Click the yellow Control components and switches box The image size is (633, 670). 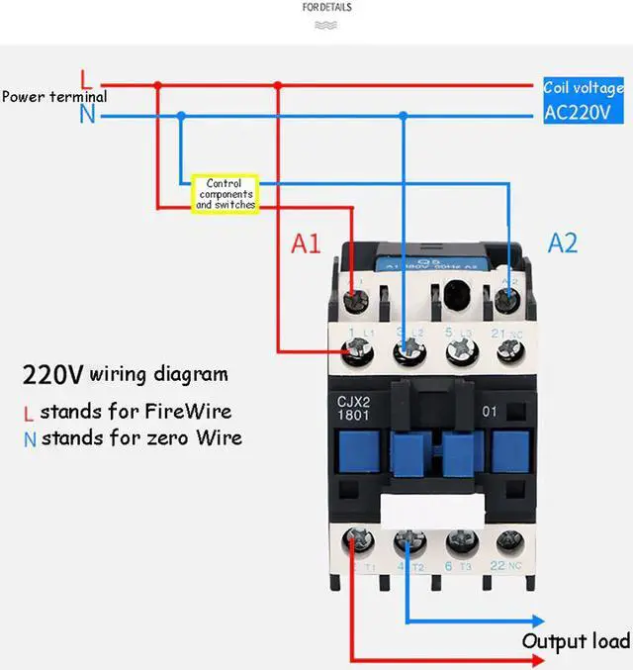pos(225,193)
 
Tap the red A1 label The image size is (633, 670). pos(306,244)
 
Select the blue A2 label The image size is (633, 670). pos(562,243)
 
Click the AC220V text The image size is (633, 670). pos(585,112)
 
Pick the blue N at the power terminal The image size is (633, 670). pos(88,115)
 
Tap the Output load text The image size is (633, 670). pos(576,641)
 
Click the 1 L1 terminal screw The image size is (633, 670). pos(354,348)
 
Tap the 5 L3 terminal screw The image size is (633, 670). pos(458,349)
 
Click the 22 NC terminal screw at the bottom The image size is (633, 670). pos(509,541)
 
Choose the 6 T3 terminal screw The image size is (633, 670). pos(458,541)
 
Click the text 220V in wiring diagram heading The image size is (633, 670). pos(53,376)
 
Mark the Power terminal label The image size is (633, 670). pos(54,97)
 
